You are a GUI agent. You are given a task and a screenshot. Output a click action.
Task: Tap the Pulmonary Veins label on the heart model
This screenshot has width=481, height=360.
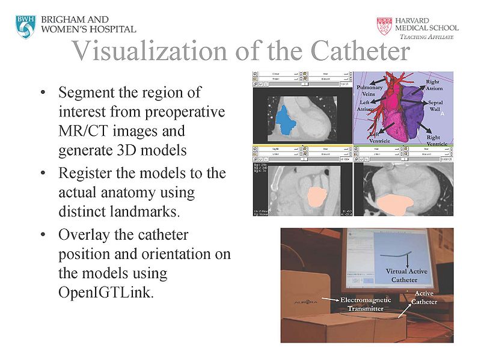(370, 90)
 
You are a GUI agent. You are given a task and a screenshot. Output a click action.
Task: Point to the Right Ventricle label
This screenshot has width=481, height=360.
(432, 141)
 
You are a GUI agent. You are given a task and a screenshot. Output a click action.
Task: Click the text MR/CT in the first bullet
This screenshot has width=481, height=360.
(80, 130)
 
